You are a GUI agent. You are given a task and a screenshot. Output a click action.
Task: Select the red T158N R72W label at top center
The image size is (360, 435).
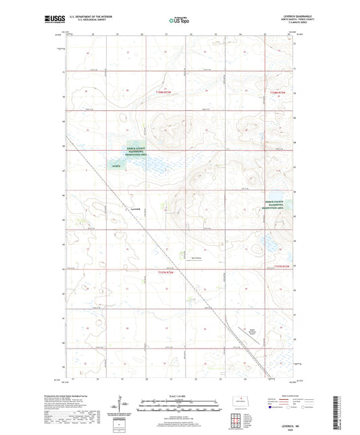pyautogui.click(x=169, y=91)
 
